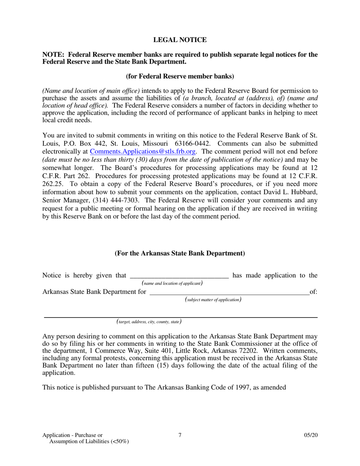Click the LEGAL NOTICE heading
[x=180, y=40]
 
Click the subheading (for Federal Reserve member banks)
[x=180, y=76]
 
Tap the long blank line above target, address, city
[x=180, y=317]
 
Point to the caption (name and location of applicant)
[x=172, y=283]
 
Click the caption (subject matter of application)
[x=213, y=300]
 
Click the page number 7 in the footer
[x=180, y=435]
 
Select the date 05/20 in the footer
[x=310, y=435]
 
